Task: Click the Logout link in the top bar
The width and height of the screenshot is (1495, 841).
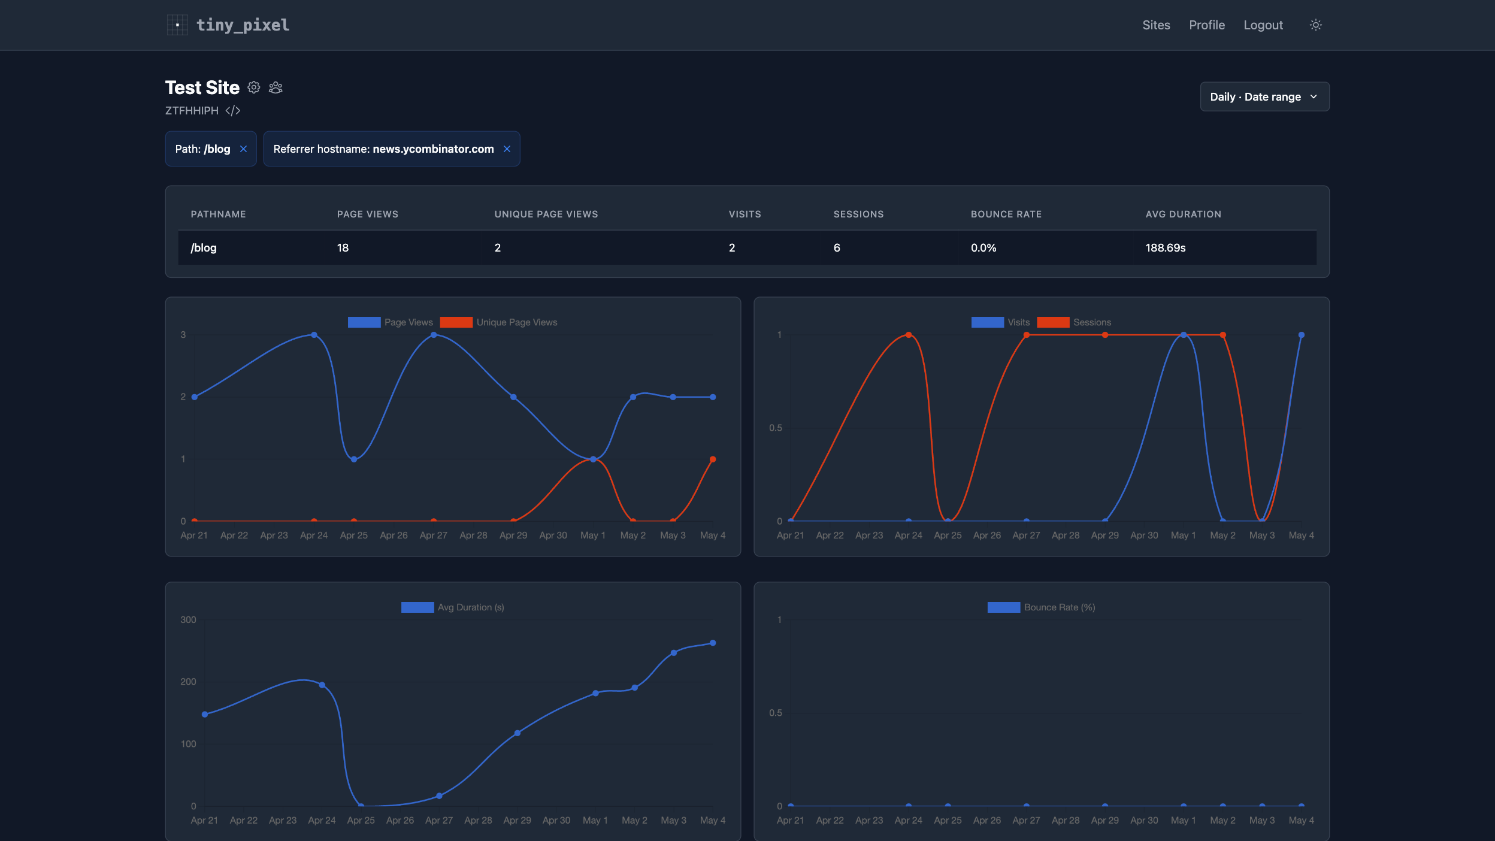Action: click(x=1263, y=25)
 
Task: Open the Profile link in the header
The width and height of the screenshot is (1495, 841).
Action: click(x=1206, y=25)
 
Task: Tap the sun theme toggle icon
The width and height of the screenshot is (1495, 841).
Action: click(x=1315, y=25)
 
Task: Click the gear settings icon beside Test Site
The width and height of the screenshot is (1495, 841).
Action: click(x=254, y=87)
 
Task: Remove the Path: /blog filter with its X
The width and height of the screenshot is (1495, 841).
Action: click(x=243, y=149)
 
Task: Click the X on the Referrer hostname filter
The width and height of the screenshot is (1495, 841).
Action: click(x=507, y=149)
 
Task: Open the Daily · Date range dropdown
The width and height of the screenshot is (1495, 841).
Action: click(x=1264, y=96)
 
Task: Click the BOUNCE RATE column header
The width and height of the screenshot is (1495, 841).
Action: click(x=1006, y=214)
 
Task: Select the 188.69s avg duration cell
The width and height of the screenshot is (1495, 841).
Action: click(x=1165, y=248)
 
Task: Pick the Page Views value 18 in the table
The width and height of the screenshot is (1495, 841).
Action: click(x=343, y=248)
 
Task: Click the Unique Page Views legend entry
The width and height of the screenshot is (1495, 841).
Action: click(x=498, y=322)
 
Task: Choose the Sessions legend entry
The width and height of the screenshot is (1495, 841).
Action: click(x=1073, y=322)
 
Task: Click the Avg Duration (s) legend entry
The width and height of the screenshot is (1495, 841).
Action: click(x=452, y=607)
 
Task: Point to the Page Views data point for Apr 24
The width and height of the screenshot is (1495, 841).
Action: click(x=314, y=335)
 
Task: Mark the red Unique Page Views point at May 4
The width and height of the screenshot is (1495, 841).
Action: click(x=713, y=459)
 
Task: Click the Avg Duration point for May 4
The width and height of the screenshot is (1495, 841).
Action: click(x=713, y=643)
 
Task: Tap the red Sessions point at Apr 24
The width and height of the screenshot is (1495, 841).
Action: click(x=909, y=335)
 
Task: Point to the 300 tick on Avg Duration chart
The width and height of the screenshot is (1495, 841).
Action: click(x=188, y=620)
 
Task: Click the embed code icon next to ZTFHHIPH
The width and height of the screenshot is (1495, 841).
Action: click(x=233, y=111)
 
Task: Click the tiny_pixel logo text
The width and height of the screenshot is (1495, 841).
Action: click(x=243, y=25)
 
